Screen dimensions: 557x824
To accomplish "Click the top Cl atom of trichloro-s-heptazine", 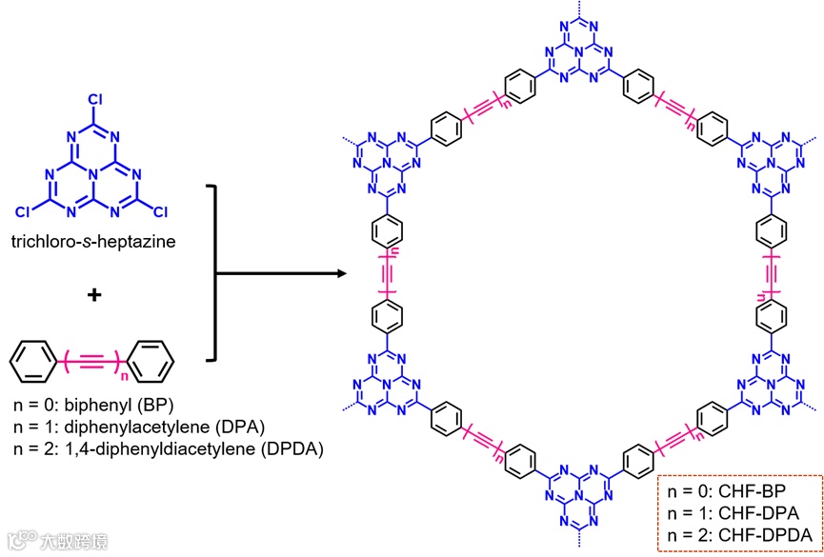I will (94, 98).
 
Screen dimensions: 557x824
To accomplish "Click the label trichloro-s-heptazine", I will (93, 243).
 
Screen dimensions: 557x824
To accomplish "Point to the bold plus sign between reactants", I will (93, 296).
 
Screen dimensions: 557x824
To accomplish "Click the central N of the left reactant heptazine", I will (94, 169).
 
